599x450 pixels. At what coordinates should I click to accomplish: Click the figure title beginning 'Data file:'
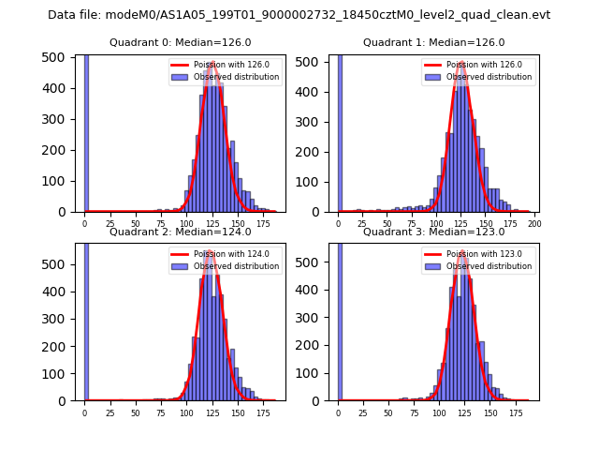(x=299, y=15)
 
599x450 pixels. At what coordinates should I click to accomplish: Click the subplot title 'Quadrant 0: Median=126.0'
(x=174, y=42)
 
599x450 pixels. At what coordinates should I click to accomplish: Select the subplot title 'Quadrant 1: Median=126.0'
(x=433, y=42)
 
